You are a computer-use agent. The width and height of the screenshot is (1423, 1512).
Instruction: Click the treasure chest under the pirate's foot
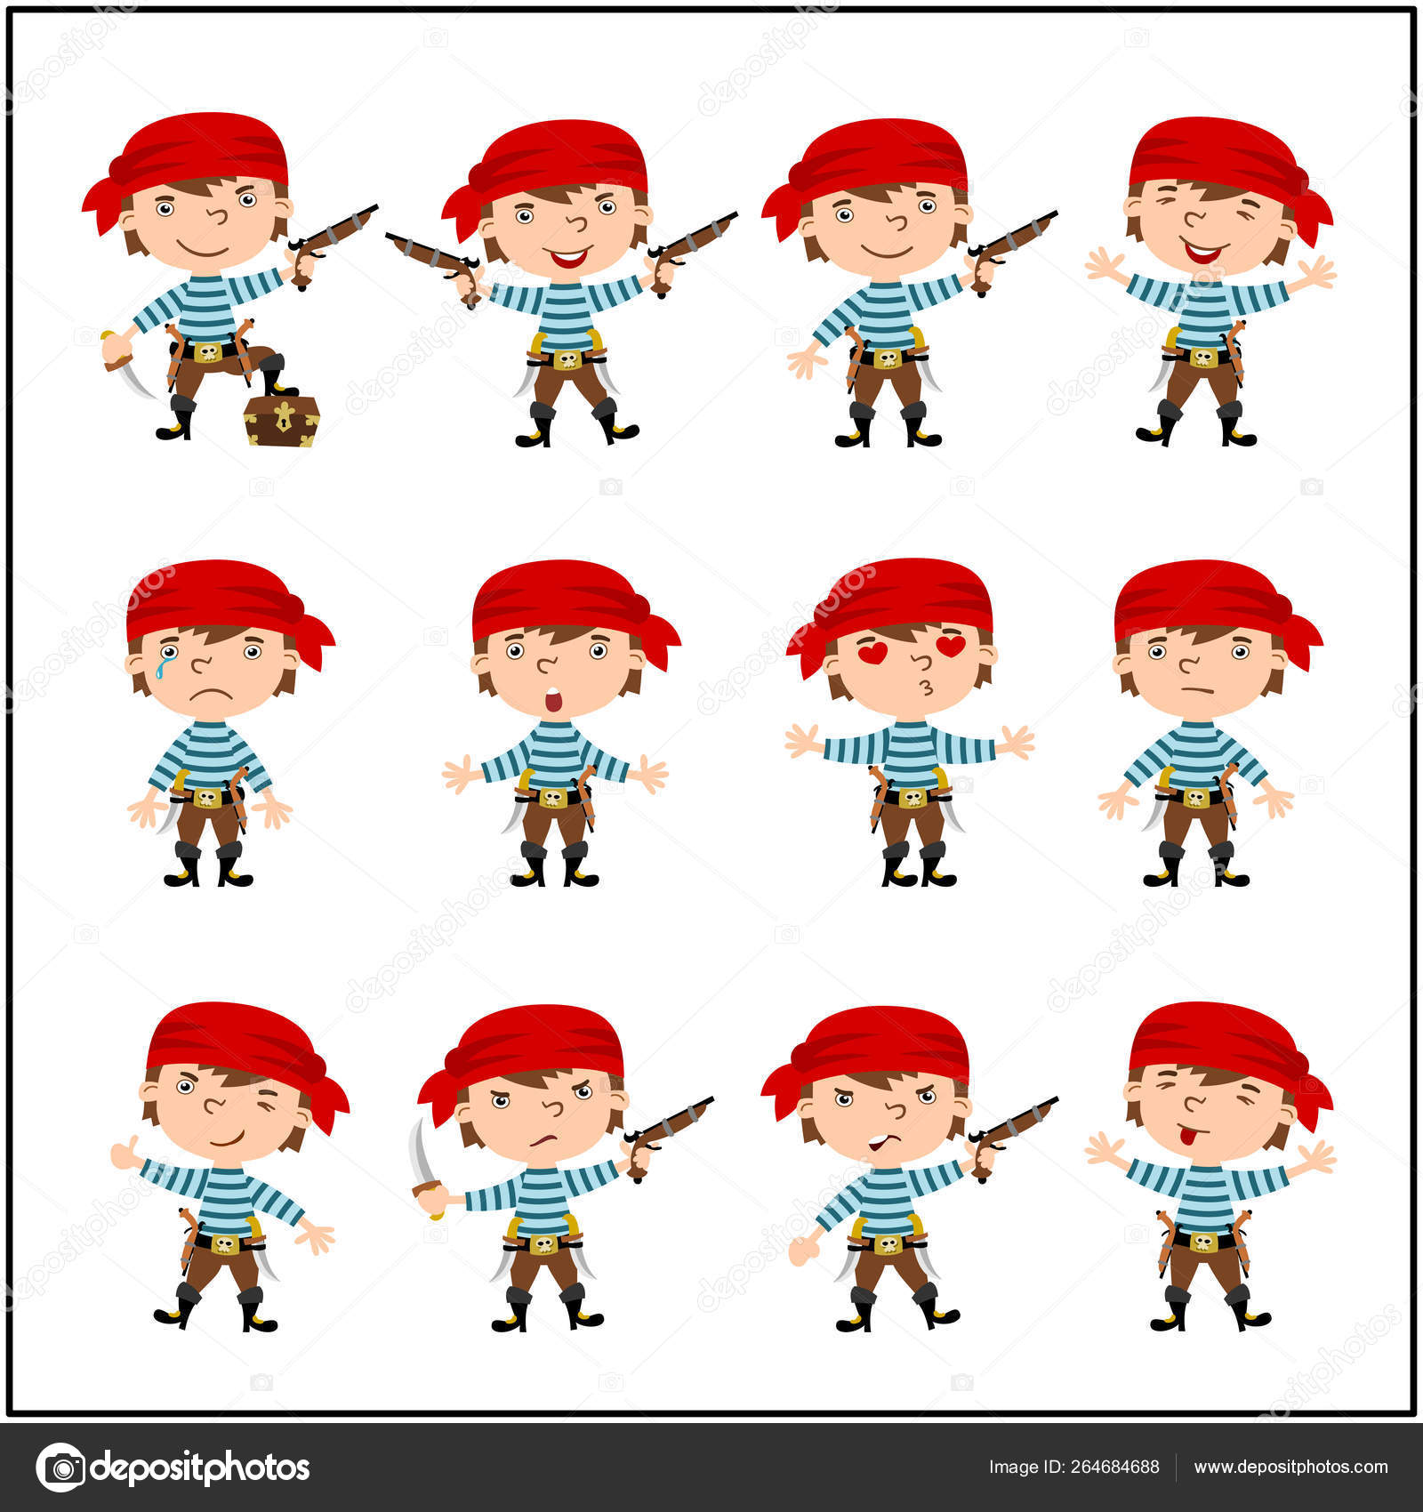pyautogui.click(x=282, y=420)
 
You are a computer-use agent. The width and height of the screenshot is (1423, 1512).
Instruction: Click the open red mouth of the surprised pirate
pyautogui.click(x=553, y=701)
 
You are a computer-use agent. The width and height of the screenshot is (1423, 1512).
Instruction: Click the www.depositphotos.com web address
pyautogui.click(x=1290, y=1467)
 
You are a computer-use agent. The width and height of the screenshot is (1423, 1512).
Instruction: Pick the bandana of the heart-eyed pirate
pyautogui.click(x=889, y=605)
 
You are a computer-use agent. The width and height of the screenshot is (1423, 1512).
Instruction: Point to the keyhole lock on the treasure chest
pyautogui.click(x=284, y=414)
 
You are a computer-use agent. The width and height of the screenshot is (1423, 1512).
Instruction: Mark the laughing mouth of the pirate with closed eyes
pyautogui.click(x=1201, y=252)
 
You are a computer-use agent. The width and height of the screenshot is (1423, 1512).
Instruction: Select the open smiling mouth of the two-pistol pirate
pyautogui.click(x=567, y=258)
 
